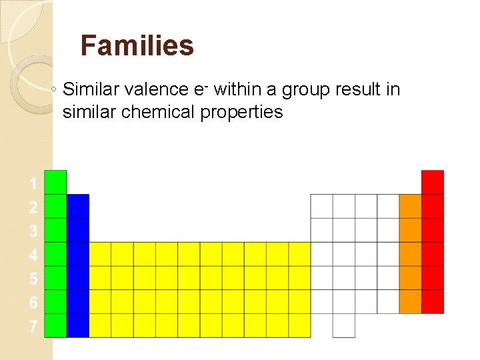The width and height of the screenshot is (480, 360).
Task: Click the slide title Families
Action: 137,46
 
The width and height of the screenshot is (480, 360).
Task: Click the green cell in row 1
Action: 55,182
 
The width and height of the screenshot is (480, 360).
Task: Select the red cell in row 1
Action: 433,182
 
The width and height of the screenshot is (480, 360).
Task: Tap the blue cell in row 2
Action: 78,206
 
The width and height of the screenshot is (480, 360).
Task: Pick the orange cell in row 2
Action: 411,206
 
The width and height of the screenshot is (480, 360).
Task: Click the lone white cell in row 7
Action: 344,325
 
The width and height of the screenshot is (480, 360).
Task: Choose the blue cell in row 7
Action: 78,325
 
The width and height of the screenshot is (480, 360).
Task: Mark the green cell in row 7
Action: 55,325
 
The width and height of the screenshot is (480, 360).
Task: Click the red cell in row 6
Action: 433,301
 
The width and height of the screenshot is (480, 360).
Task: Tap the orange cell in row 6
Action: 411,301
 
